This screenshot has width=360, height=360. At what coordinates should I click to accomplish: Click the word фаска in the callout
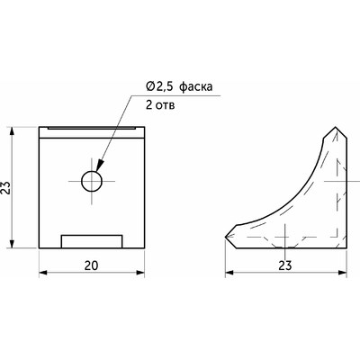pyautogui.click(x=195, y=87)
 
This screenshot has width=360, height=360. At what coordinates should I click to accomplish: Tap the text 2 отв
pyautogui.click(x=160, y=105)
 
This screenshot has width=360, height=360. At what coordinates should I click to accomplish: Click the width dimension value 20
pyautogui.click(x=91, y=265)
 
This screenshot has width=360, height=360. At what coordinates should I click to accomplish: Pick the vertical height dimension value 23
pyautogui.click(x=6, y=188)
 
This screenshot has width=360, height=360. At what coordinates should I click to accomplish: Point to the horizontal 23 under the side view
pyautogui.click(x=284, y=265)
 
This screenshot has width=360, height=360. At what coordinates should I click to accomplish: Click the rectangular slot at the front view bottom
pyautogui.click(x=92, y=241)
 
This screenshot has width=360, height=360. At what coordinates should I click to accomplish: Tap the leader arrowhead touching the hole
pyautogui.click(x=100, y=166)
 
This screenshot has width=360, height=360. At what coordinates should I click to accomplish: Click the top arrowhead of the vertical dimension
pyautogui.click(x=12, y=131)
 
